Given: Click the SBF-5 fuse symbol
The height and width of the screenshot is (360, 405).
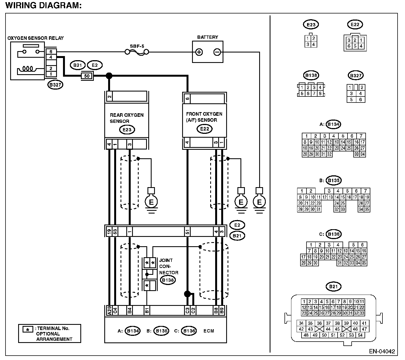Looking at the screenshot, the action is pos(137,52).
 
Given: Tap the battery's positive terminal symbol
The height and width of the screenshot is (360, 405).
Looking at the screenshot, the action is pos(199,52).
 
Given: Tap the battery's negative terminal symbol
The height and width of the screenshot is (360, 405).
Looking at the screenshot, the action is pos(217,52).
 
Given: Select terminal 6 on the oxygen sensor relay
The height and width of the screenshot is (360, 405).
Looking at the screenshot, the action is pos(51,51).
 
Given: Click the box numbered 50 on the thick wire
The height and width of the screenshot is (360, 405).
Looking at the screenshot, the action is pos(87,76).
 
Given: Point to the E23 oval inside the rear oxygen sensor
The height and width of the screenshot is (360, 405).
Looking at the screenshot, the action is pos(127,130).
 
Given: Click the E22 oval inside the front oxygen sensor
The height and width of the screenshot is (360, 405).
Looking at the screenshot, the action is pos(204,129).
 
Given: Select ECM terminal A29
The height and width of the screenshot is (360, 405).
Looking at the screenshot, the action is pos(109,310).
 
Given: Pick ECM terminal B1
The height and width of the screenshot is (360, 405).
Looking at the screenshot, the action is pos(147,310).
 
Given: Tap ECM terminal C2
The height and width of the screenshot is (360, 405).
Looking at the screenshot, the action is pos(193,310).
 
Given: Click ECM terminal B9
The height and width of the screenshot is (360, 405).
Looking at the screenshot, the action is pos(222,310).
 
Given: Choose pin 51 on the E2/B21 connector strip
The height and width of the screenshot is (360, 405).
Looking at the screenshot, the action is pos(187,232).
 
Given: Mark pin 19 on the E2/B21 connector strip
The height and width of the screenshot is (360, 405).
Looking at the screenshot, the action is pos(109,232).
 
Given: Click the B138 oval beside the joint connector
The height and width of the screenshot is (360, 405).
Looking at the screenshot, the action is pos(168,280).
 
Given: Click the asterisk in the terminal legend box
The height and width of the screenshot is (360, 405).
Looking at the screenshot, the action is pos(28,330).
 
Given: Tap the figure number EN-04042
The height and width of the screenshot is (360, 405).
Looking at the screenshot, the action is pos(382,351).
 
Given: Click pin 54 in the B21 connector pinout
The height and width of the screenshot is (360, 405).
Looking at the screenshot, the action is pos(360,335).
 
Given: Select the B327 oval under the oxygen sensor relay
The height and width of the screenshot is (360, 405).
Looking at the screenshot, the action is pos(55,85).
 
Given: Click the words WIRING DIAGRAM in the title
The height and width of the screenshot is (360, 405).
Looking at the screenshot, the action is pos(43,5).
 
